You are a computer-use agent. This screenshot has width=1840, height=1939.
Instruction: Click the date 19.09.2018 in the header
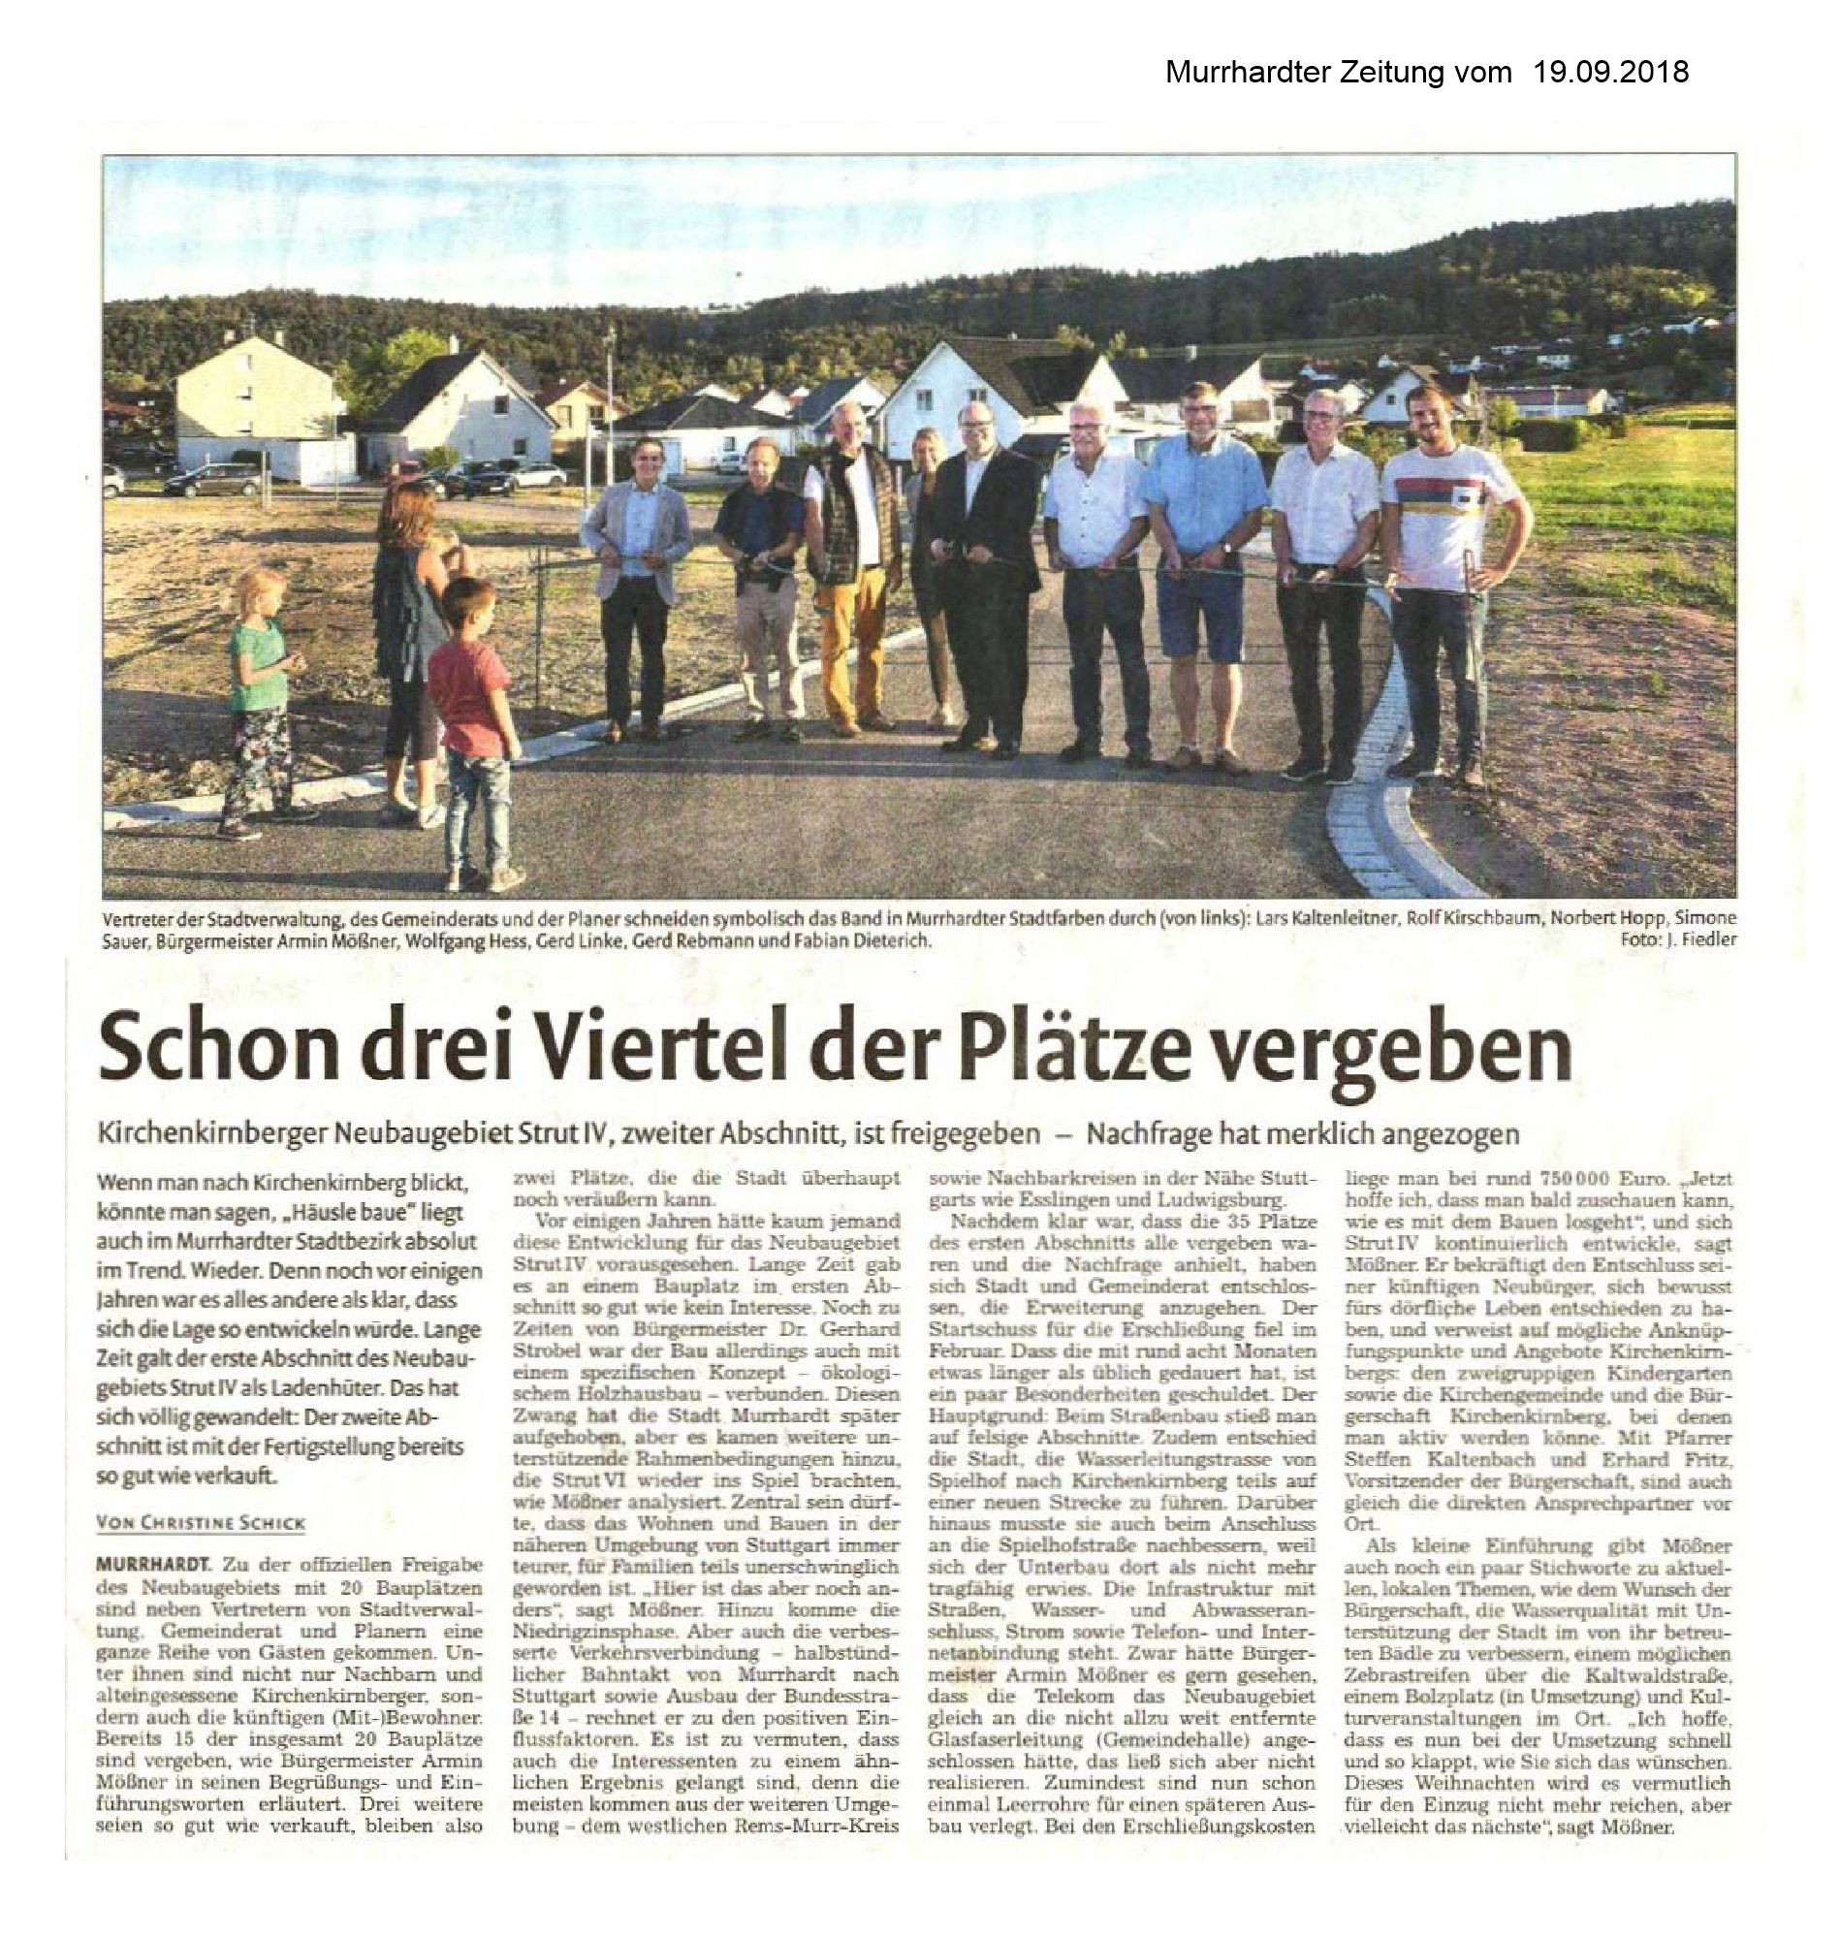(1609, 73)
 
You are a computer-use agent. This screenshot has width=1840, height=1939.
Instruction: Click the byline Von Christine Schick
(201, 1523)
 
